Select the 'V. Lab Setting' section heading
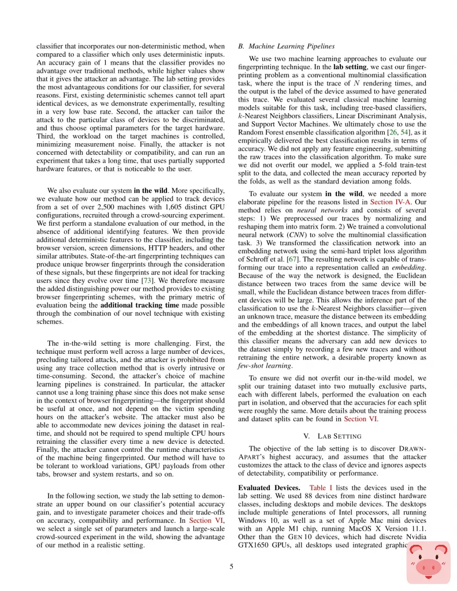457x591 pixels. coord(332,435)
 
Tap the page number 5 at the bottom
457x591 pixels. coord(231,567)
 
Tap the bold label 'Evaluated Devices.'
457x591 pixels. coord(269,488)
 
